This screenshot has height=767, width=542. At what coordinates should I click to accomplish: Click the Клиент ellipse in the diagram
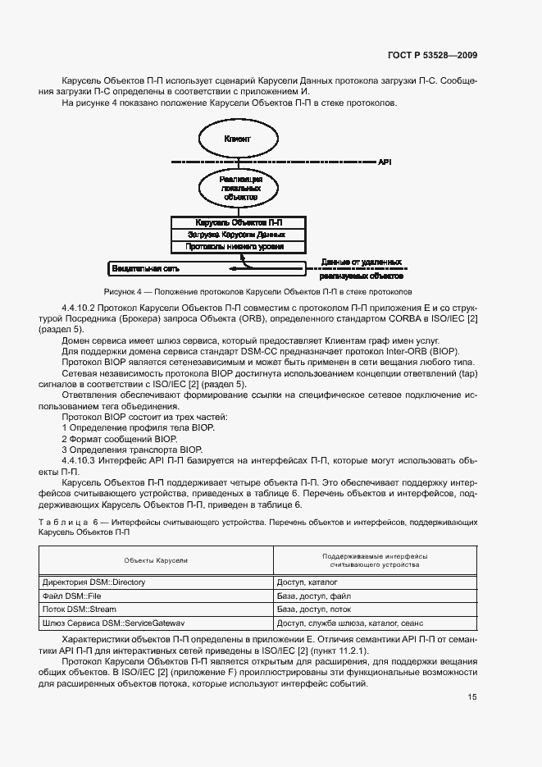click(237, 139)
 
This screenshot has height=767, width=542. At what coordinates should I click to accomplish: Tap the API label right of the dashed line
click(385, 162)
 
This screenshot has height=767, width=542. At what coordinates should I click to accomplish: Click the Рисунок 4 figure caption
click(257, 291)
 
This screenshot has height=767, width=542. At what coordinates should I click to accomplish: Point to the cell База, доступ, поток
click(314, 609)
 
